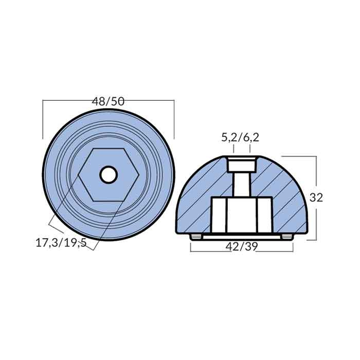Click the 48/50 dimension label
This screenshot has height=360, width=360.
[x=108, y=101]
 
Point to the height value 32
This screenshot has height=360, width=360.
[x=317, y=197]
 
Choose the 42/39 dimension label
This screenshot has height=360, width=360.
[x=242, y=246]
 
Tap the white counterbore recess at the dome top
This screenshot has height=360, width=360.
[x=242, y=165]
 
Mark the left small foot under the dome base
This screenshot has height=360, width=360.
[x=195, y=237]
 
